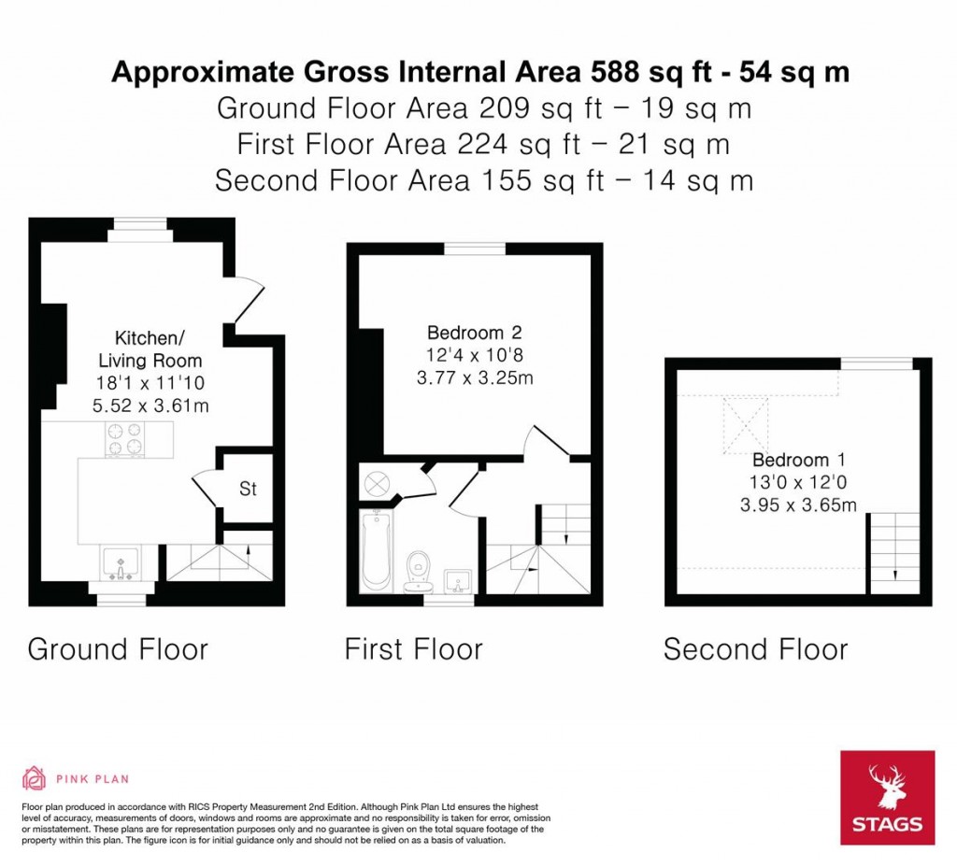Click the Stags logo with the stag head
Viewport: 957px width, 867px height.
pyautogui.click(x=887, y=797)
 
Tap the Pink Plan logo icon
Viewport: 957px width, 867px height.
pyautogui.click(x=34, y=777)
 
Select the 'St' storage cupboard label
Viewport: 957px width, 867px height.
pyautogui.click(x=248, y=489)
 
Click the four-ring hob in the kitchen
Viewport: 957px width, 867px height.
pyautogui.click(x=124, y=440)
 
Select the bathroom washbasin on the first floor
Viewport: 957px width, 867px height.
pyautogui.click(x=458, y=580)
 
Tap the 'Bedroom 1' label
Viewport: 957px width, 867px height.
pyautogui.click(x=791, y=461)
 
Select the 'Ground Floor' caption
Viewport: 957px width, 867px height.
pyautogui.click(x=118, y=649)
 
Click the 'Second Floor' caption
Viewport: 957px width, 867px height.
pyautogui.click(x=755, y=649)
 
